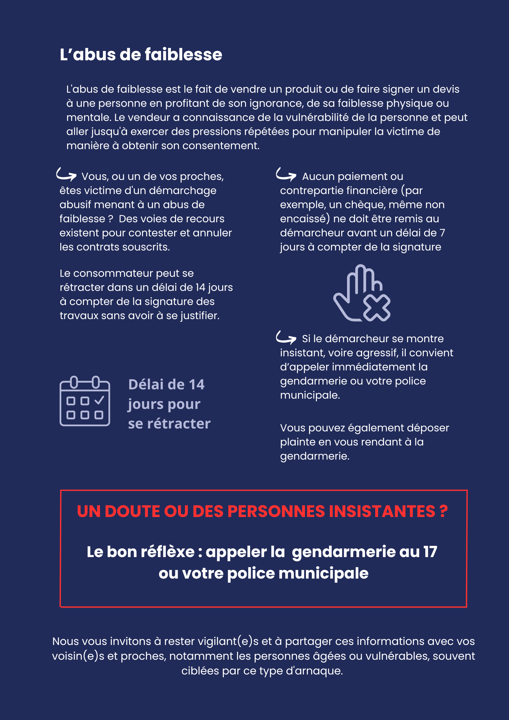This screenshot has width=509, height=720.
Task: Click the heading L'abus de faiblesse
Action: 141,55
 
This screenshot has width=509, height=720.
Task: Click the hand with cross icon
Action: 362,293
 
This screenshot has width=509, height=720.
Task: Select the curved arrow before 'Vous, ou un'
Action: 66,174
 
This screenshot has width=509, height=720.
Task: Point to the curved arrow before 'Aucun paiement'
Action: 286,174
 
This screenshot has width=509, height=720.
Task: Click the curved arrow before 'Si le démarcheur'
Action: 286,337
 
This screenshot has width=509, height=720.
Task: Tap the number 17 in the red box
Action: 430,552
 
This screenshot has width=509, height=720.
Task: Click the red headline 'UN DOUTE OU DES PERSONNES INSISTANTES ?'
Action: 262,511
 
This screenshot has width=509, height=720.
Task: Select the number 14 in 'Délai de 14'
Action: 196,385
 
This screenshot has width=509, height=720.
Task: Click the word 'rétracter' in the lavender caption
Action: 179,424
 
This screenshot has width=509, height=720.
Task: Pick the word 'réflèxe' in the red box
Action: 168,552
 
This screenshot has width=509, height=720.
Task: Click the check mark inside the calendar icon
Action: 99,400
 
